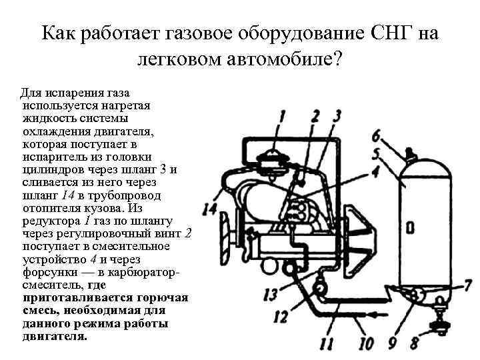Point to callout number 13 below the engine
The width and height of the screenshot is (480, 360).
[271, 294]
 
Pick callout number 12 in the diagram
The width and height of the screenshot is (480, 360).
[281, 316]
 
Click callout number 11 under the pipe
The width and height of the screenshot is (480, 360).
[327, 344]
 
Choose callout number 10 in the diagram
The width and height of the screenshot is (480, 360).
[366, 344]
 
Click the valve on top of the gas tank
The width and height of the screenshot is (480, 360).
[405, 155]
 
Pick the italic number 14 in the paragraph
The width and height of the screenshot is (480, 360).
[68, 195]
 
